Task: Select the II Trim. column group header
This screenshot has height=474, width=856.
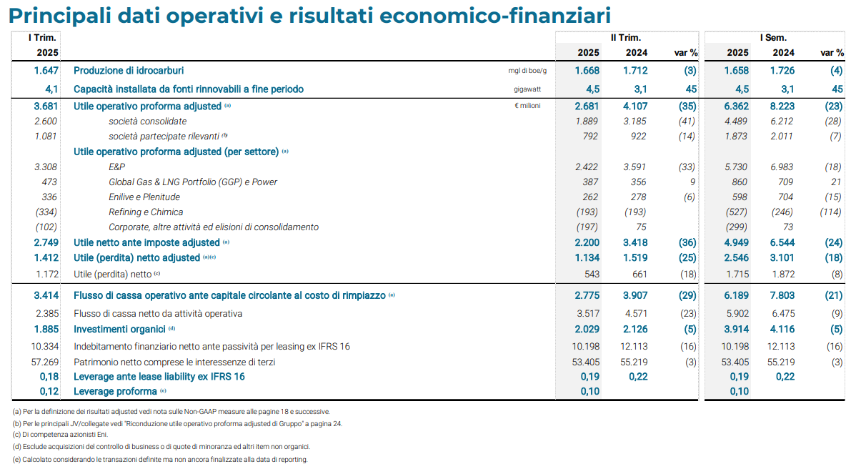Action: tap(625, 38)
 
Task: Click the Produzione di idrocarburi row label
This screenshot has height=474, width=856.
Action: tap(129, 71)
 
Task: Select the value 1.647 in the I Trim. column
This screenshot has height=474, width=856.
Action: tap(46, 71)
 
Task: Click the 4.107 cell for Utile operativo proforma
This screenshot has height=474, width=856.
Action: tap(635, 106)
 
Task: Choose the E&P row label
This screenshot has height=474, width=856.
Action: tap(116, 167)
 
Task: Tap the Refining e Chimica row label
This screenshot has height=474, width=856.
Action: tap(146, 212)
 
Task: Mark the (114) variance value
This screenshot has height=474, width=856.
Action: tap(831, 212)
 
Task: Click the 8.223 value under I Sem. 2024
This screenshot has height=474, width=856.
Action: tap(782, 106)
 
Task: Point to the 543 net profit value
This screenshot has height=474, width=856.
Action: tap(591, 274)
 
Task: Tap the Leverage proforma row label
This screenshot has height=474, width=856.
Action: tap(115, 391)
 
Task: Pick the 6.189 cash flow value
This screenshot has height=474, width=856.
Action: tap(737, 295)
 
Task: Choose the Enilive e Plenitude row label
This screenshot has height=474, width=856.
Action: tap(144, 197)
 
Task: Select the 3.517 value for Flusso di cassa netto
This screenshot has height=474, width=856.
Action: tap(587, 313)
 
